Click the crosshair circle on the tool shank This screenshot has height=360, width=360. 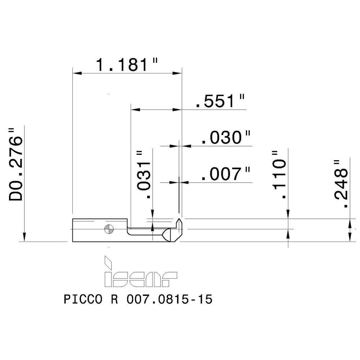108,229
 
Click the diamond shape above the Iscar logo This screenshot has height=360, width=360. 107,261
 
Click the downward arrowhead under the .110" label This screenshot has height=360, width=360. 288,215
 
